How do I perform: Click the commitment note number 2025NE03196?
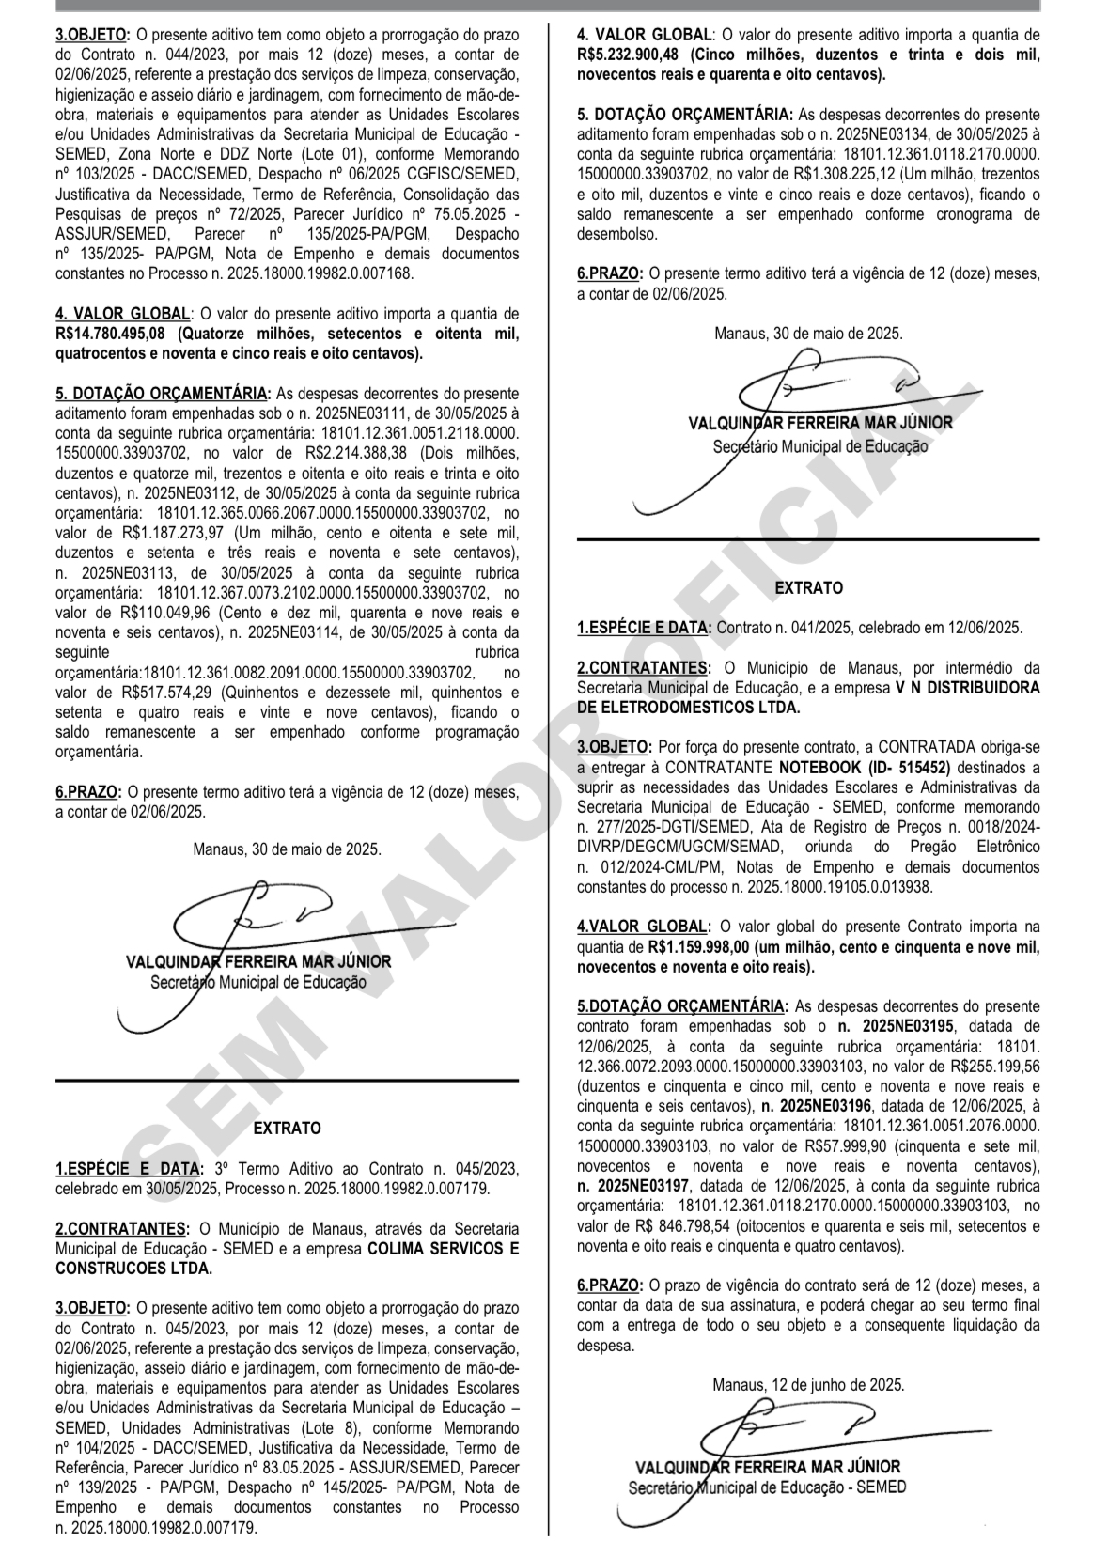pos(819,1106)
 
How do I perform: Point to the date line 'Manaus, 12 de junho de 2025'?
pos(808,1384)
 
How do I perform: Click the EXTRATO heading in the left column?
pos(287,1129)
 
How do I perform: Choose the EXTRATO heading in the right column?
pos(808,588)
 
